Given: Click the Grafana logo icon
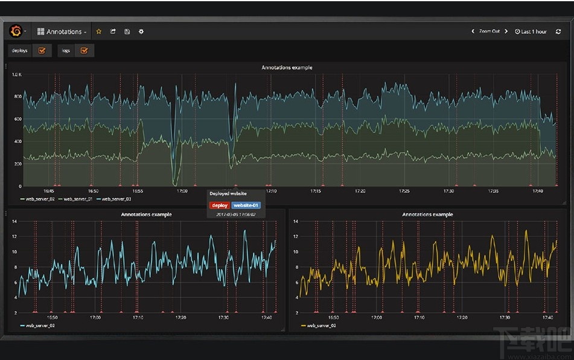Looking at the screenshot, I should [x=16, y=31].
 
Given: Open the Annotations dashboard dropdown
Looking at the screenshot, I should [x=62, y=31].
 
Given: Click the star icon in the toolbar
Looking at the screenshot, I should [x=99, y=31].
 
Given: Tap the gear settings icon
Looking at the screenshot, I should [x=141, y=31].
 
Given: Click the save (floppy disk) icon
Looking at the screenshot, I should [x=127, y=31].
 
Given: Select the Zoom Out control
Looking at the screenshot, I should [x=489, y=31].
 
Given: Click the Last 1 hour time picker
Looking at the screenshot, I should [x=531, y=31].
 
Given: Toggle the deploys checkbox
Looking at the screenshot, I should [x=42, y=51].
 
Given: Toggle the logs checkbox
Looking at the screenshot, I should [x=84, y=51].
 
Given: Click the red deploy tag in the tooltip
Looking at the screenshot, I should [x=219, y=205].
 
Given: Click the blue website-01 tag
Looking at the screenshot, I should [x=246, y=205].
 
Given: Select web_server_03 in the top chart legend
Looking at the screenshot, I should [x=116, y=199].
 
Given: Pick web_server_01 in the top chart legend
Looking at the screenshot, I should [x=77, y=199].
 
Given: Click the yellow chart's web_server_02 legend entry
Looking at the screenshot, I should [x=320, y=326].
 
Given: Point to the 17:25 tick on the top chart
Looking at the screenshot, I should [x=404, y=191].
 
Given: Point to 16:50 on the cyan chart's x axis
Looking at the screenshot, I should [x=53, y=317].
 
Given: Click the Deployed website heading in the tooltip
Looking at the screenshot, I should [x=228, y=194].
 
